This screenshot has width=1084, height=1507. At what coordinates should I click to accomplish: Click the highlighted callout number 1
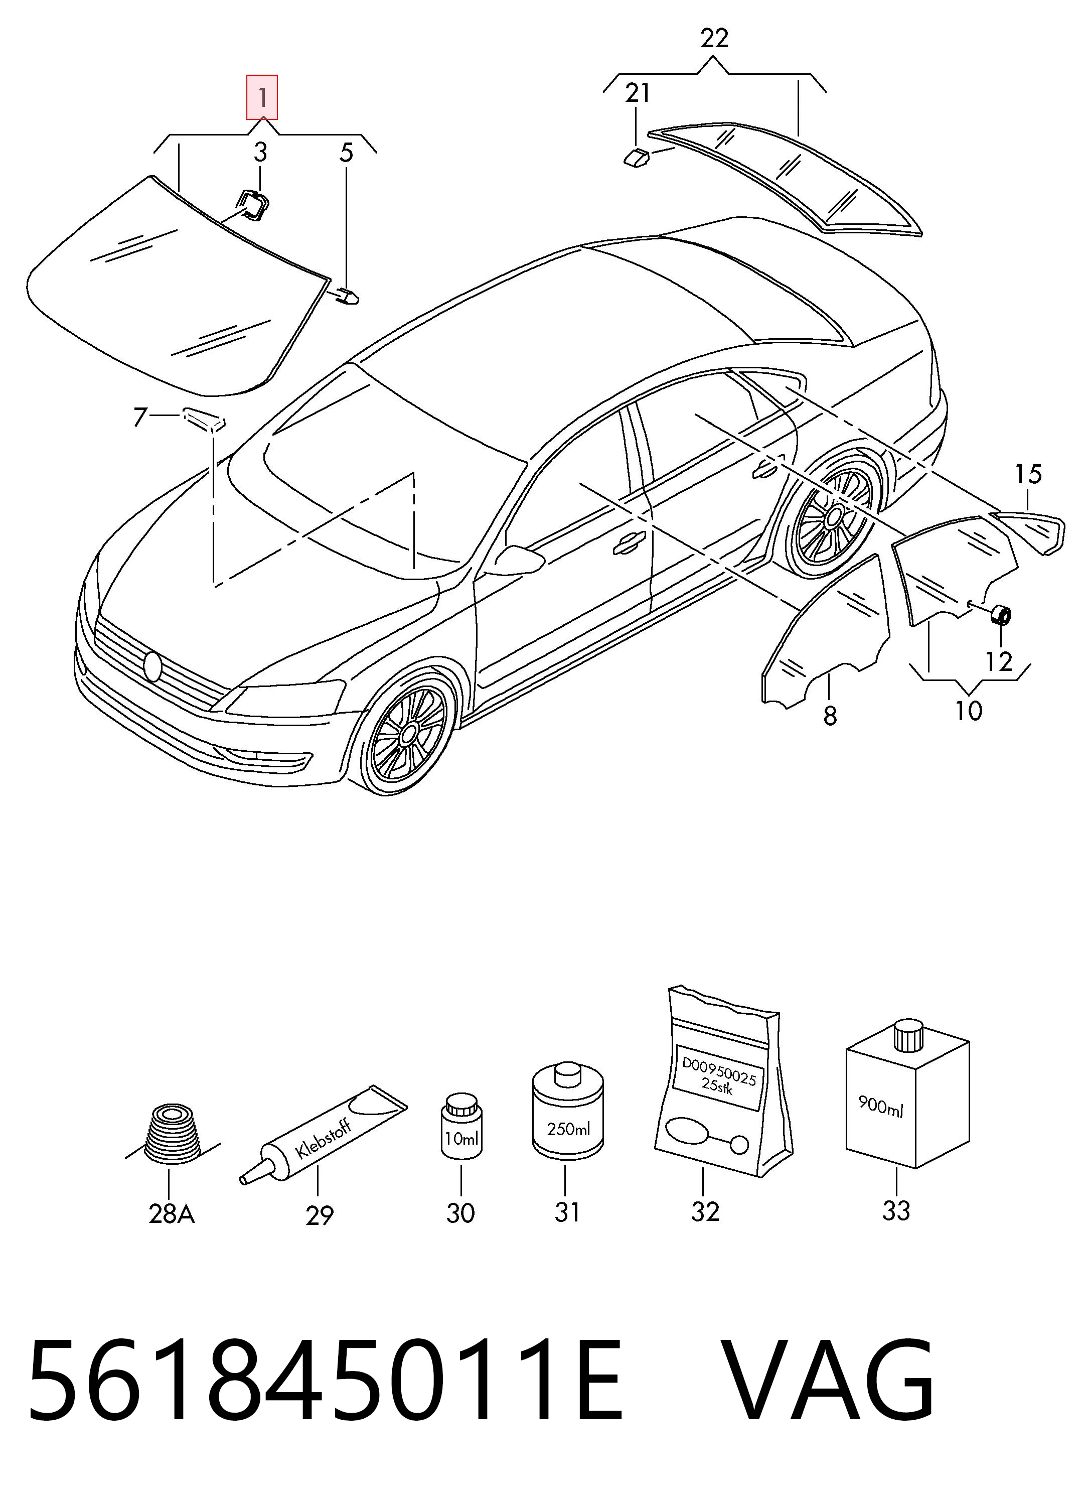[262, 98]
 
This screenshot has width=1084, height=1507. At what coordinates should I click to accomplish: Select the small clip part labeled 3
[253, 204]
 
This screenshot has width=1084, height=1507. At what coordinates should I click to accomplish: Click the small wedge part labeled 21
[636, 158]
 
